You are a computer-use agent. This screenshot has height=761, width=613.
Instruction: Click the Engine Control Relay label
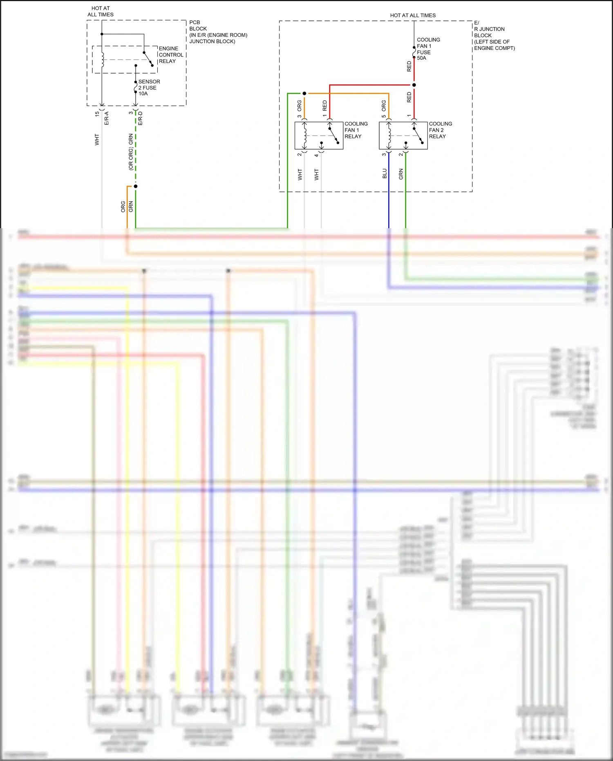coord(170,55)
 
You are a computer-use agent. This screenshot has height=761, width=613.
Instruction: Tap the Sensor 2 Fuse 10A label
coord(149,88)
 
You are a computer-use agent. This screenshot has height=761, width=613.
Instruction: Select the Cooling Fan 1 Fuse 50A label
coord(428,49)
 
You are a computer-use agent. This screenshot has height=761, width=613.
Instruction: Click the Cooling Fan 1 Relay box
coord(319,135)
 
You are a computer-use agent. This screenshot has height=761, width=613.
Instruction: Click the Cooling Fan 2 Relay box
coord(403,135)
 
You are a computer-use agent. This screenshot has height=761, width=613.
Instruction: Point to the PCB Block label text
coord(217,32)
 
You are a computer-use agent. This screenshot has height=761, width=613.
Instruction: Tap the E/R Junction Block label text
coord(494,36)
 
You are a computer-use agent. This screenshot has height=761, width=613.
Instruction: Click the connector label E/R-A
coord(107,118)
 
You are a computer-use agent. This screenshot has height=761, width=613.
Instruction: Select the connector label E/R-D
coord(140,118)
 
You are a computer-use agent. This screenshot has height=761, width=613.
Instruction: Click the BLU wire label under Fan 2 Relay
coord(385,173)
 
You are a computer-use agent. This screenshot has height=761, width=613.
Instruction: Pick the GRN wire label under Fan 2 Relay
coord(401,174)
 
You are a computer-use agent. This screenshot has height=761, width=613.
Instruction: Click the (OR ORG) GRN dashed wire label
coord(131,152)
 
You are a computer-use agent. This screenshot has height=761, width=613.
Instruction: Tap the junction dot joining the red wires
coord(414,85)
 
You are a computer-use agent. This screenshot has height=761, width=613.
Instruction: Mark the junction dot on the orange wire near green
coord(304,94)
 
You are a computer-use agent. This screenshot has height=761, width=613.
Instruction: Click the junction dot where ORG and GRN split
coord(136,186)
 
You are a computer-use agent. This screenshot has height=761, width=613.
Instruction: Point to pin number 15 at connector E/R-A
coord(97,114)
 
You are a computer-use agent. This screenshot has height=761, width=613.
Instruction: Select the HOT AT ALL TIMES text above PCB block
coord(101,11)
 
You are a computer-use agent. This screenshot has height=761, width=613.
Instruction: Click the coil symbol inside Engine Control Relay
coord(102,59)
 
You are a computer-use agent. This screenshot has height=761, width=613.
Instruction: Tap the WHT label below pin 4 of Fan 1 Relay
coord(316,175)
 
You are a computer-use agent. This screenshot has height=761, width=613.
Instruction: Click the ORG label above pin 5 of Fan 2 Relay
coord(384,106)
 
